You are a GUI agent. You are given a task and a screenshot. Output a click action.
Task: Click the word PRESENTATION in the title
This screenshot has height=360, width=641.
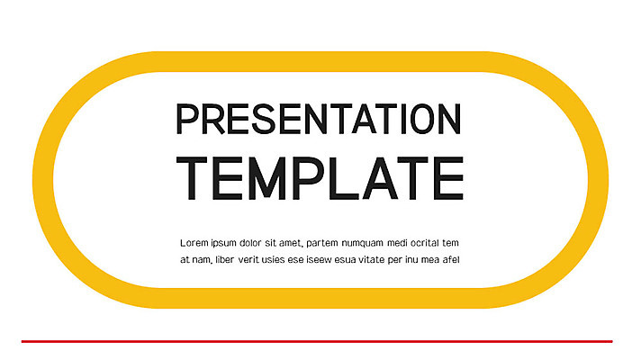click(x=320, y=120)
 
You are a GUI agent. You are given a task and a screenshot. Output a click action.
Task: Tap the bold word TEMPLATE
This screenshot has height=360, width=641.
click(x=320, y=177)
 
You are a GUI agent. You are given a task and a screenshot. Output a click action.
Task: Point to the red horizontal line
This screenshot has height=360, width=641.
click(x=317, y=341)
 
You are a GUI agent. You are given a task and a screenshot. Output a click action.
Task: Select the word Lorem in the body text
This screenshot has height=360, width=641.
click(x=195, y=243)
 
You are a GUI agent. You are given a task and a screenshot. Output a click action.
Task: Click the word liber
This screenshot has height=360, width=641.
click(x=230, y=260)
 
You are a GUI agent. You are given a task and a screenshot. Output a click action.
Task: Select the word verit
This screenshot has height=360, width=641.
click(x=258, y=260)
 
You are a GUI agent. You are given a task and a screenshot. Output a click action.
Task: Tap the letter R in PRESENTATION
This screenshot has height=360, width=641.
click(x=208, y=120)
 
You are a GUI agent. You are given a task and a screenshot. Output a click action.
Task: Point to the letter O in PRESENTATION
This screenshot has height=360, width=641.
click(x=418, y=120)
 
